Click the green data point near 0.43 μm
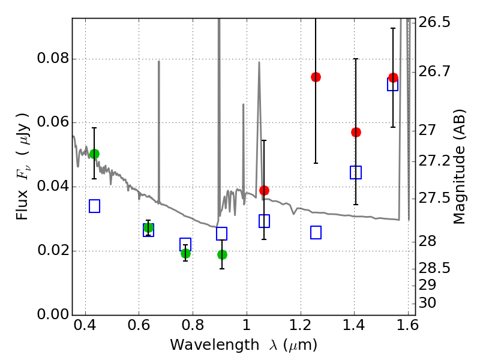[94, 154]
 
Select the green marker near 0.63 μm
[148, 227]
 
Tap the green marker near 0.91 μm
[222, 254]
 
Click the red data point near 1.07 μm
[264, 190]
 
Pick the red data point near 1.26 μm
[316, 77]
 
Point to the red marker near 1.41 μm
[356, 132]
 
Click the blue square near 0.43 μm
[94, 206]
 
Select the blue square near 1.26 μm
[316, 232]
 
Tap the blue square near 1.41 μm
[356, 173]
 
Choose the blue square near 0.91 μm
[221, 234]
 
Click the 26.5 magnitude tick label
[436, 23]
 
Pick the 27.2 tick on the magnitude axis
[436, 161]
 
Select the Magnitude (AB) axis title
[460, 166]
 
